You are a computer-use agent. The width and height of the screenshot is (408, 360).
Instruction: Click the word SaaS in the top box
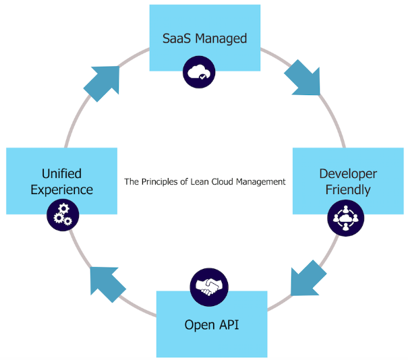177,38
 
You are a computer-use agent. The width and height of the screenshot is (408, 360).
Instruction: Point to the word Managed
221,38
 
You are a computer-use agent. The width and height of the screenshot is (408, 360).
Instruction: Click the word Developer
347,174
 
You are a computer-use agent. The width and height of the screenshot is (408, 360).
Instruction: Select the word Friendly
347,190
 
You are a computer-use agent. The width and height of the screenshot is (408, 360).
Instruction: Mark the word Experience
62,190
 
